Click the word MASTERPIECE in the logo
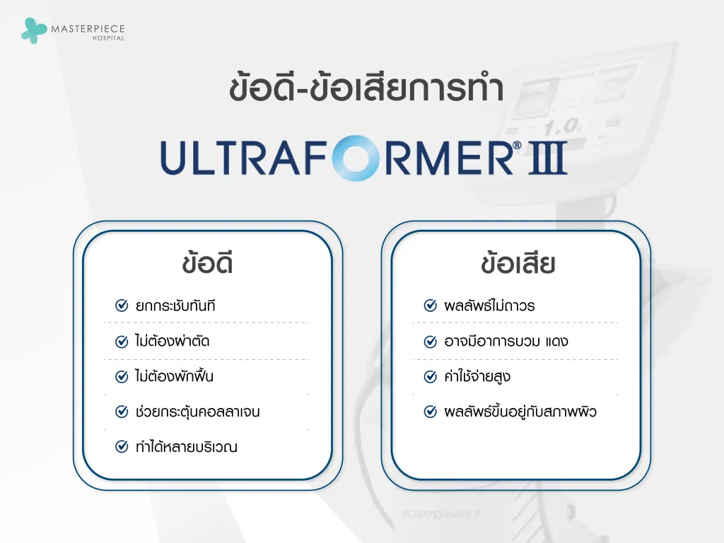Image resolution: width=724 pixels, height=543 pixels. pos(88,28)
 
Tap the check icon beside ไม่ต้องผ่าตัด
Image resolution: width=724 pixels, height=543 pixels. pos(122,341)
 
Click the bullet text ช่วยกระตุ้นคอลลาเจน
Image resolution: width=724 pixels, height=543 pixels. pos(197,411)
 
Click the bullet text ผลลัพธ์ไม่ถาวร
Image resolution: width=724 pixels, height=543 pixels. pos(489,306)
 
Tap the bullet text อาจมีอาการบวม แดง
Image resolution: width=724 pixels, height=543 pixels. pos(506,341)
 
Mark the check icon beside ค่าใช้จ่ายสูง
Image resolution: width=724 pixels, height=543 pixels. pos(430,376)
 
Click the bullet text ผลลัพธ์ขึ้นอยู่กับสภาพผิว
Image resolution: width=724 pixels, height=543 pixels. pos(520,411)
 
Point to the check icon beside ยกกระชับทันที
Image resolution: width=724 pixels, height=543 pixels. pos(122,306)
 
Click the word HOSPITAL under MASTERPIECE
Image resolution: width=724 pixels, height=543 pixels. pos(108,38)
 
